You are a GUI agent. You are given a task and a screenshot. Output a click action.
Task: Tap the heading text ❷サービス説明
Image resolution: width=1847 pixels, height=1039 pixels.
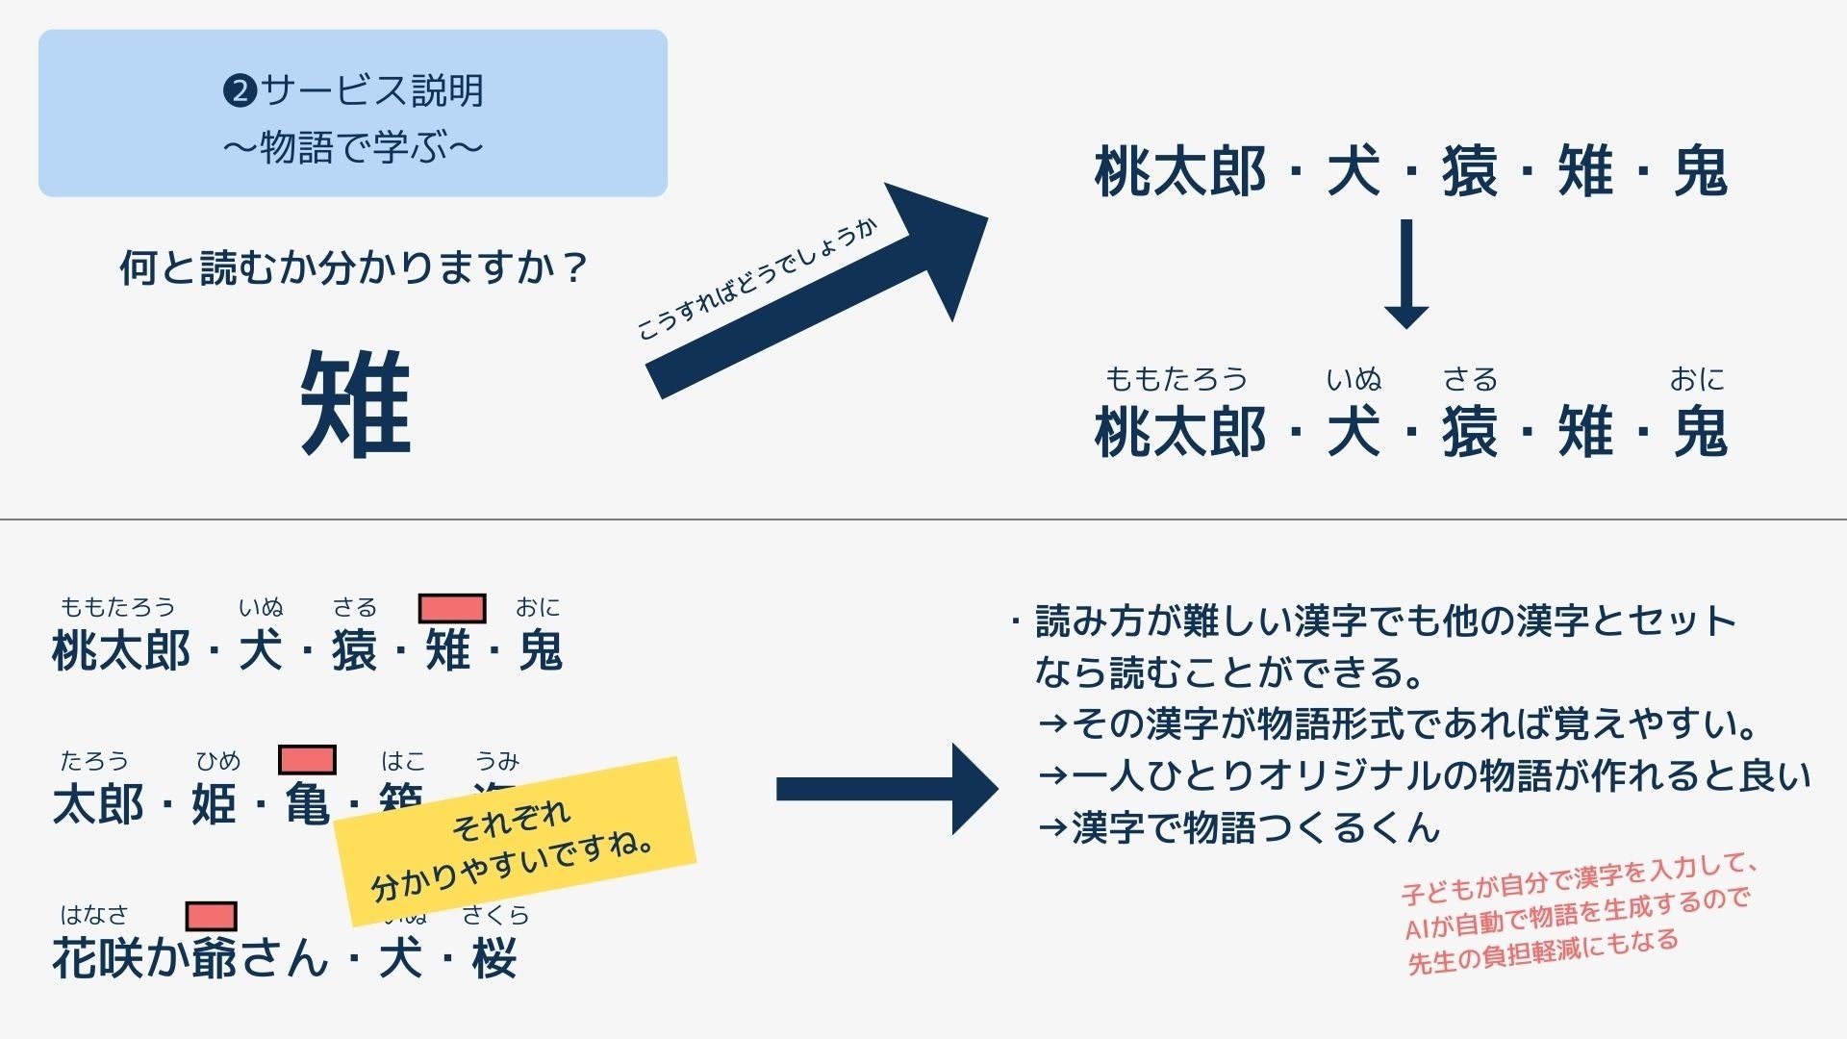click(353, 90)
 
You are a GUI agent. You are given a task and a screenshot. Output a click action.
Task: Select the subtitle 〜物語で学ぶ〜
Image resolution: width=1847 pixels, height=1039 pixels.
click(353, 148)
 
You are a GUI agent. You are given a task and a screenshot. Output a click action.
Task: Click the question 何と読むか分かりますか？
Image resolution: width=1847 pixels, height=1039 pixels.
click(353, 267)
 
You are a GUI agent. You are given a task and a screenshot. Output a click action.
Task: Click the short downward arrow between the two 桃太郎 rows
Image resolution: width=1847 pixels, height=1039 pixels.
click(1405, 274)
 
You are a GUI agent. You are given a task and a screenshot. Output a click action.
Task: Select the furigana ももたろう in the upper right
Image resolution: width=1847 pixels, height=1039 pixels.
click(1176, 379)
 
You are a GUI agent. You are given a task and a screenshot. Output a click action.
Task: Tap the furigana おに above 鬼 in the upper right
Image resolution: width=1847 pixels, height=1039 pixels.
click(1697, 379)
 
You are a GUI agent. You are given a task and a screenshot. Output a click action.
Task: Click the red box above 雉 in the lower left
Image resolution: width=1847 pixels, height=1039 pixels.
click(451, 608)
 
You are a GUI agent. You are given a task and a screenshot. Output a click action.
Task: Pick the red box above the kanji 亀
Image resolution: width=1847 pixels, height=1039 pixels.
click(307, 760)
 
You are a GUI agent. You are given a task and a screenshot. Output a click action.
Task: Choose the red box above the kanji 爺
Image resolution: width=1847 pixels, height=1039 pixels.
click(211, 916)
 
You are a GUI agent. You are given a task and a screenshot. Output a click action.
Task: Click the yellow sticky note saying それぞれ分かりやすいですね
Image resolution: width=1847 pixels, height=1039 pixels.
click(515, 842)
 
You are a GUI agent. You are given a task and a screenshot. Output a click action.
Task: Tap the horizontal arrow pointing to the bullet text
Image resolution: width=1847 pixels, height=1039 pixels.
click(885, 789)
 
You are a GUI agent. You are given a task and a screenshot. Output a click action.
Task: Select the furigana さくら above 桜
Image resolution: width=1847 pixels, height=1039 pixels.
click(495, 915)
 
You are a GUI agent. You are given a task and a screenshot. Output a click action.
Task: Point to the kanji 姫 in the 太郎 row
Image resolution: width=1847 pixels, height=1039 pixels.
click(214, 804)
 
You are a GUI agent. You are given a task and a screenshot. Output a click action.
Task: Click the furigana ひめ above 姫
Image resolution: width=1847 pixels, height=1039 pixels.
click(218, 762)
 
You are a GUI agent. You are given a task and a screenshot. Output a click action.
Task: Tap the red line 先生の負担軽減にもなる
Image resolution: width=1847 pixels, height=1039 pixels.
click(1543, 952)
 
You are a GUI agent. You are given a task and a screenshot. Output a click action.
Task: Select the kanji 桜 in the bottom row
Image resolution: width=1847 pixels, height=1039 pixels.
click(494, 958)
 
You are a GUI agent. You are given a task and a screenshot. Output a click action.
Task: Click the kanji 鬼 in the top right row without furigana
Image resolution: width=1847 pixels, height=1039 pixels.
click(1701, 172)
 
